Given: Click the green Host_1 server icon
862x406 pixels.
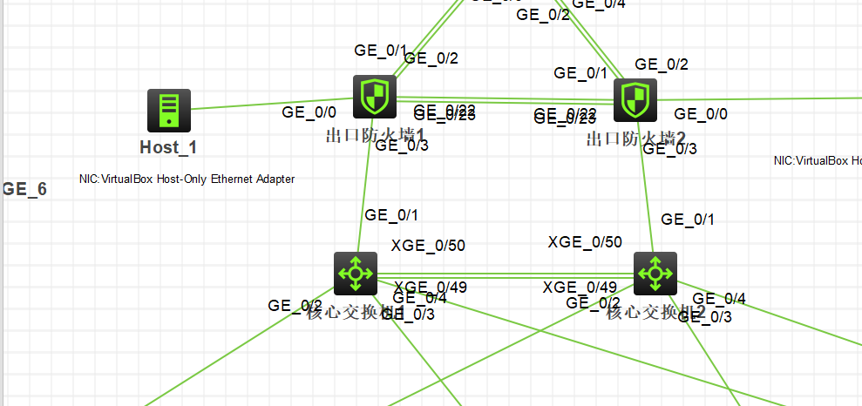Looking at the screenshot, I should [x=168, y=111].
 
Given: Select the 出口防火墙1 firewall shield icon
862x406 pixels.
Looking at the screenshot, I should [x=375, y=97].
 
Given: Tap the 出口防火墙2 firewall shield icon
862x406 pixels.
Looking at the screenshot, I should [x=635, y=100].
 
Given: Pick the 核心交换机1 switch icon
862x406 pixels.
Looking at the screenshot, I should [x=356, y=274].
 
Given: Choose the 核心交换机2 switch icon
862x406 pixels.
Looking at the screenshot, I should [x=655, y=274].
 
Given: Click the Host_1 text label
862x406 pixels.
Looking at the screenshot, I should [x=168, y=147].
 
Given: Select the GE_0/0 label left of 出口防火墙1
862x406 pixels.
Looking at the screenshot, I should [x=309, y=112].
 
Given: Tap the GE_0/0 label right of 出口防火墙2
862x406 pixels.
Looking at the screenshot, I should [x=701, y=114].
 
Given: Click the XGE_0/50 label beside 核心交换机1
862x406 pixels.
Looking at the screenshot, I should [x=429, y=246].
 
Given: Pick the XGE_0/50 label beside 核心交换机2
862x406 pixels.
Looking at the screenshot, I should [x=585, y=242].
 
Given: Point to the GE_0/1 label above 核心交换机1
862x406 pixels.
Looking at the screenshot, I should [x=391, y=215].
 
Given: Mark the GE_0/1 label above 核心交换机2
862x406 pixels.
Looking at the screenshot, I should [x=688, y=219].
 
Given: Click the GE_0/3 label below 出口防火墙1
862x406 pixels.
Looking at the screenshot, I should [x=401, y=145].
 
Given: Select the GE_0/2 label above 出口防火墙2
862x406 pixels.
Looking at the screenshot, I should [x=662, y=64].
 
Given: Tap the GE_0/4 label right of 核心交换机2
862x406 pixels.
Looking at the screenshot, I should [x=719, y=300].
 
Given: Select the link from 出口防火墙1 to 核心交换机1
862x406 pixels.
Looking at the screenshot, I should [x=364, y=192].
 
